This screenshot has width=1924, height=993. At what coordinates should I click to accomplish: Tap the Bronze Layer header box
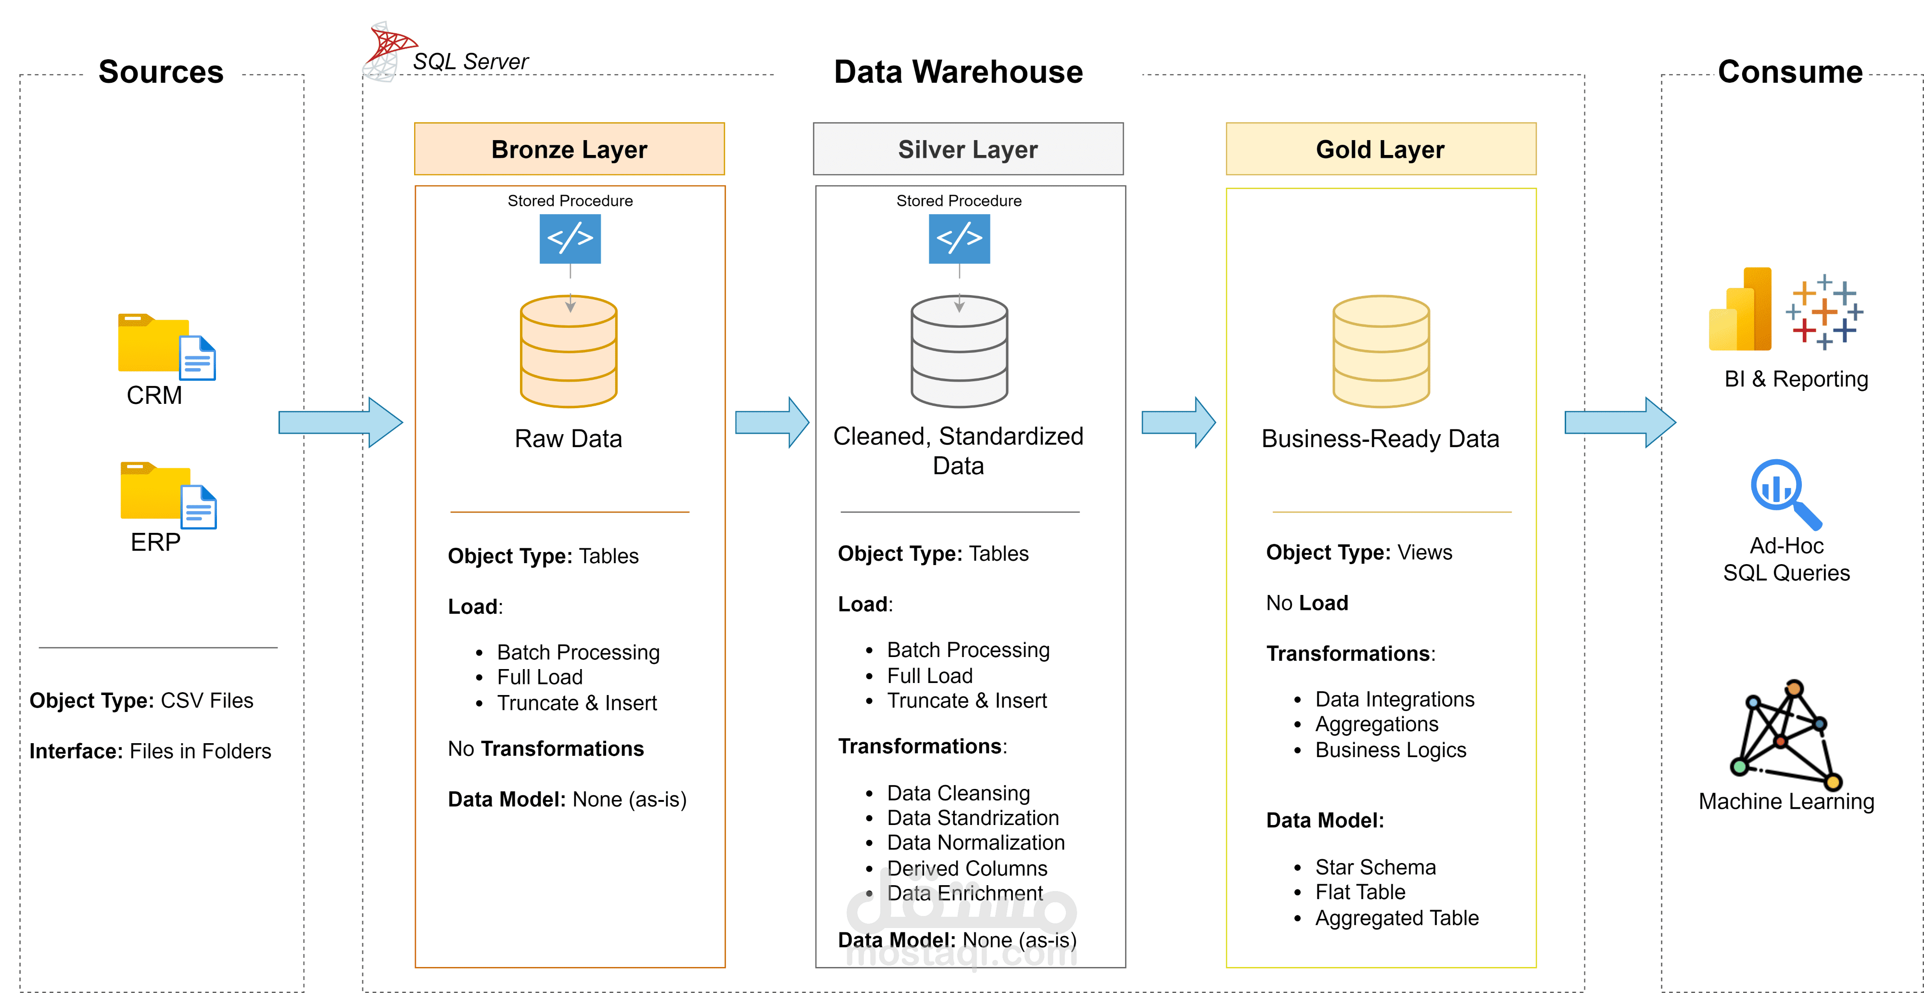pos(569,149)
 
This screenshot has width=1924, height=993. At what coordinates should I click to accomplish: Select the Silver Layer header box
pos(967,149)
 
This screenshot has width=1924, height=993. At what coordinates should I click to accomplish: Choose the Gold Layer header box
pos(1380,149)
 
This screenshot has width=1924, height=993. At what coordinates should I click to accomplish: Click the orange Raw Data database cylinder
pos(569,351)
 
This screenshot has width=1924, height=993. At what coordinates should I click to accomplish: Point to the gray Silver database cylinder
pos(959,351)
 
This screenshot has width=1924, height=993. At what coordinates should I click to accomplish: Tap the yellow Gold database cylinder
pos(1381,351)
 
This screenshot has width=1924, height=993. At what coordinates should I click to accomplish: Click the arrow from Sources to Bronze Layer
pos(340,422)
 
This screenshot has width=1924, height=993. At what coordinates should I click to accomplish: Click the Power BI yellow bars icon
pos(1740,310)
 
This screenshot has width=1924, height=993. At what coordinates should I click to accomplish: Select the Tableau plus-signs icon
pos(1824,311)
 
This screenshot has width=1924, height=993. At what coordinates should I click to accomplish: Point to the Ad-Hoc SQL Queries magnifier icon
pos(1785,493)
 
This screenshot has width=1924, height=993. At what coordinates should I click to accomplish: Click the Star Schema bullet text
pos(1375,867)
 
